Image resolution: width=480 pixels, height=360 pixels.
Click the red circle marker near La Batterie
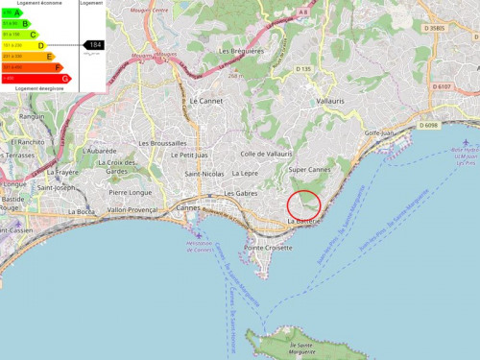coord(303,204)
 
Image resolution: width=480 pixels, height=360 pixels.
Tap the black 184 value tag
coord(94,45)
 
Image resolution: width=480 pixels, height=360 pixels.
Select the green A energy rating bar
coord(10,12)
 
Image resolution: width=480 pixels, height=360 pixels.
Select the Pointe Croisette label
coord(268,248)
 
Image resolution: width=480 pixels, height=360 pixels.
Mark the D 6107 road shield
coord(441,86)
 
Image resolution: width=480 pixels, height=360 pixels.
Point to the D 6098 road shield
coord(428,125)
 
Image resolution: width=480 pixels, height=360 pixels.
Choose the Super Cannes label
coord(309,170)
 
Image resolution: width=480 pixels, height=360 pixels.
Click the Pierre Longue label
coord(130,192)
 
